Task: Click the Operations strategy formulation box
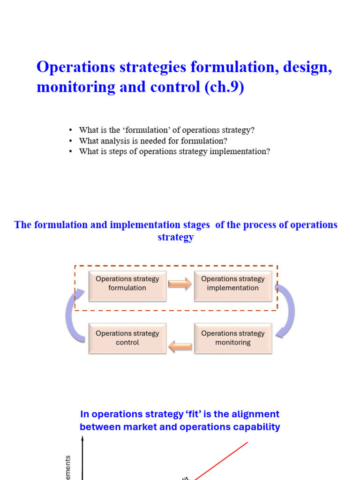pyautogui.click(x=127, y=286)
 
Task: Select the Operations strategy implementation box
pyautogui.click(x=233, y=286)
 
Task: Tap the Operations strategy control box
pyautogui.click(x=127, y=338)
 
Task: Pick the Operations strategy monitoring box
pyautogui.click(x=233, y=338)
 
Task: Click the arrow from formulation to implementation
pyautogui.click(x=180, y=284)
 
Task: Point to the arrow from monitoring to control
pyautogui.click(x=180, y=347)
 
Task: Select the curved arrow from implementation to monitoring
pyautogui.click(x=287, y=310)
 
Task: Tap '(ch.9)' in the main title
pyautogui.click(x=224, y=87)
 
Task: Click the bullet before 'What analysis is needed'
pyautogui.click(x=70, y=141)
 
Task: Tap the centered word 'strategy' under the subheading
pyautogui.click(x=176, y=237)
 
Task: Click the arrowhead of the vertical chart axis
pyautogui.click(x=82, y=439)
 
